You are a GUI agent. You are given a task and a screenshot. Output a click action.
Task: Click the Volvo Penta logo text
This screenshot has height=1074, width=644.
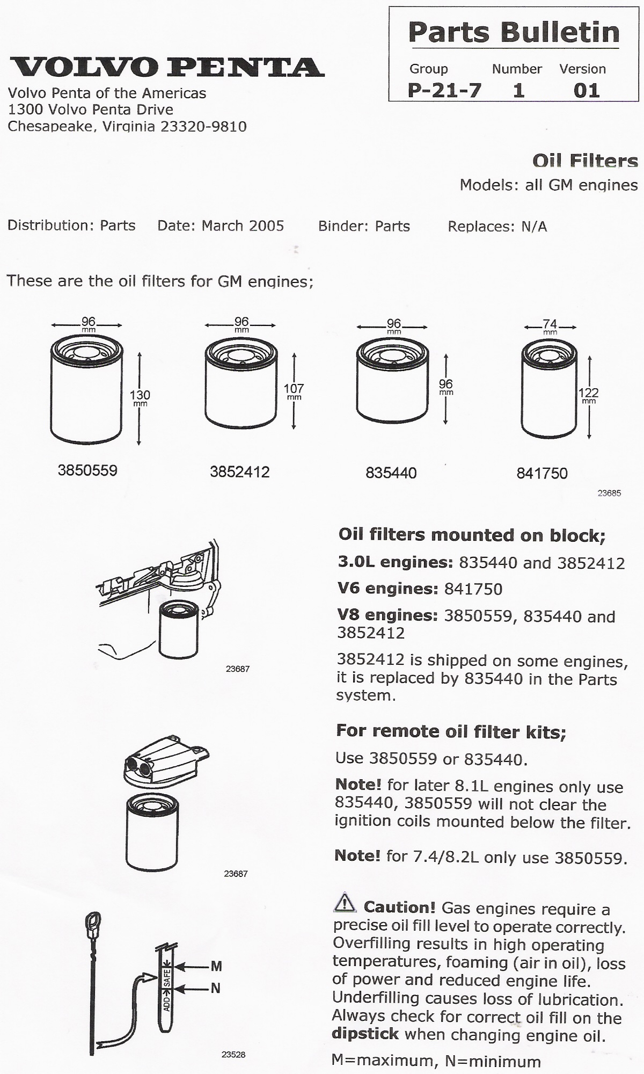tap(167, 67)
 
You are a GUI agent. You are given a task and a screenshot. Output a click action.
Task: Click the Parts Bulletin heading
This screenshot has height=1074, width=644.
tap(514, 32)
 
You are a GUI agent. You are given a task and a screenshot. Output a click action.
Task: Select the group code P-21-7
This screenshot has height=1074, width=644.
tap(444, 90)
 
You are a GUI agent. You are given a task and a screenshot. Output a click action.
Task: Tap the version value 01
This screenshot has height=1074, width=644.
tap(586, 90)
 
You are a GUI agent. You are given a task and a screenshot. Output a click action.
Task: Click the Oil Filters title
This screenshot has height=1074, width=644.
tap(585, 161)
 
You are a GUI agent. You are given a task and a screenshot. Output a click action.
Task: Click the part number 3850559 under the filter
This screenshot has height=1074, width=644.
tap(87, 470)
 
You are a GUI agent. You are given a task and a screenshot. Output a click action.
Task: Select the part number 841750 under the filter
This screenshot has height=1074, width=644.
tap(541, 473)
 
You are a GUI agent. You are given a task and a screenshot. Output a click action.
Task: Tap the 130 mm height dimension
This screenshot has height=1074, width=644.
tap(140, 397)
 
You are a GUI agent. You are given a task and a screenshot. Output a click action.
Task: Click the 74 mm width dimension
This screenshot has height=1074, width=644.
tap(550, 326)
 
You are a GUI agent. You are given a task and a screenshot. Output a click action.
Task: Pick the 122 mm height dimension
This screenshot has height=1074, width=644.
tap(589, 395)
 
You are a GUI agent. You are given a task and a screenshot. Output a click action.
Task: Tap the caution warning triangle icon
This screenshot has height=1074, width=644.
tap(345, 903)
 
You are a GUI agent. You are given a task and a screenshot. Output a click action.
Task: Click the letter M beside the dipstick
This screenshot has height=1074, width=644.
tap(216, 967)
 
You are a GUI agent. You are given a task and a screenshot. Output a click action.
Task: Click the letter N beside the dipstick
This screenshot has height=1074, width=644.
tap(216, 988)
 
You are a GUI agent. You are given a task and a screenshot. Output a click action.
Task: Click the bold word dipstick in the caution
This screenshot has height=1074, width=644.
tap(365, 1034)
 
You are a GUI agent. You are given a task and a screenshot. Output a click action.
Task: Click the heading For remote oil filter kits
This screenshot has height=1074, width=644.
tap(451, 731)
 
